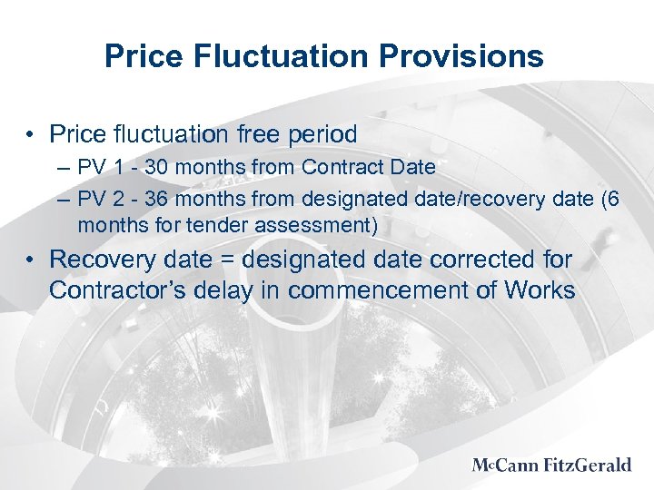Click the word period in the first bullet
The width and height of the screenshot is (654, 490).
(323, 134)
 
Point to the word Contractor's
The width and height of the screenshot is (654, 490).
(117, 290)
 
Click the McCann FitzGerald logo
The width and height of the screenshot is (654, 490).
(551, 465)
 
